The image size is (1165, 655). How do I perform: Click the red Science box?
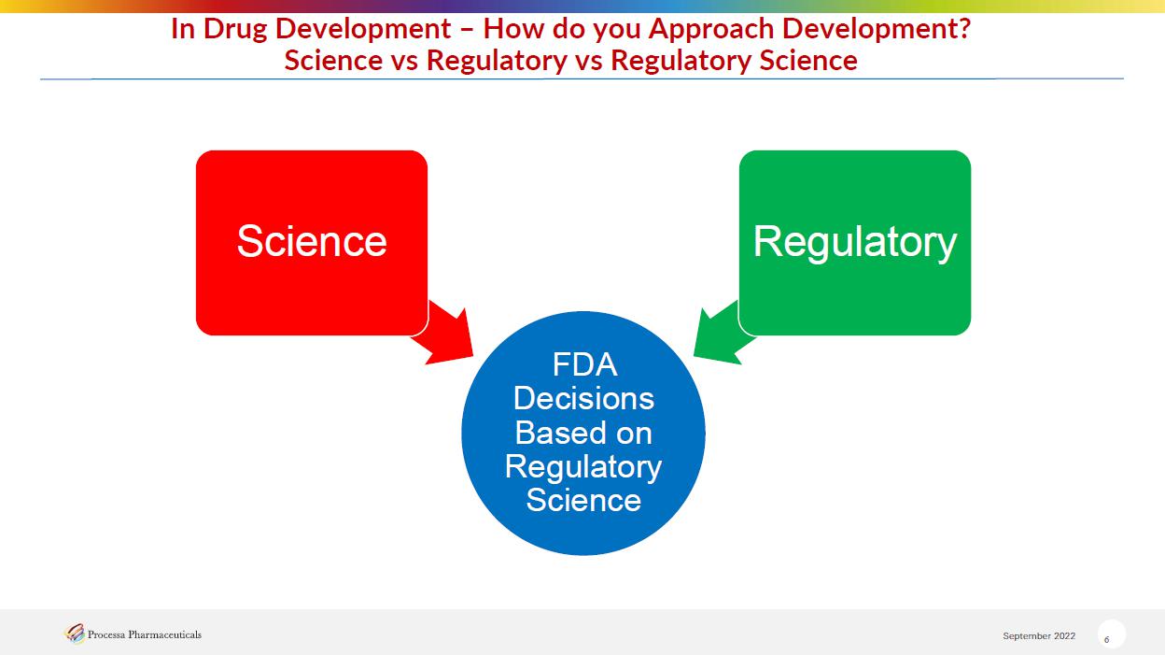pos(312,243)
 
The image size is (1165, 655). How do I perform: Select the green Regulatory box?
pos(854,243)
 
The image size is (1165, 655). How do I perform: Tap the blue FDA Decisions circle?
pos(583,434)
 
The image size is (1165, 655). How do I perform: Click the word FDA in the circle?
pos(584,364)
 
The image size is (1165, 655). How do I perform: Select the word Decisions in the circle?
pos(583,398)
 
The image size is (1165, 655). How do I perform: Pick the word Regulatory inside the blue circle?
pos(583,467)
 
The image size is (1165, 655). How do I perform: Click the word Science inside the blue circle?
pos(583,500)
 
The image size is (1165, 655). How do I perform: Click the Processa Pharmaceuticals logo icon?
pos(75,634)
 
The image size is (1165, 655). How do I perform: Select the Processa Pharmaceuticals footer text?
pos(144,634)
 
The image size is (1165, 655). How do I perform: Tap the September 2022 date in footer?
pos(1039,635)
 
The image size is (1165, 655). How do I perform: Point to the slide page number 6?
pos(1106,639)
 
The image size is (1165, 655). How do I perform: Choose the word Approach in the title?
pos(711,30)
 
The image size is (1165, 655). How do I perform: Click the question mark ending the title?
pos(964,28)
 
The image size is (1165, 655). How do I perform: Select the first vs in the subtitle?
pos(404,61)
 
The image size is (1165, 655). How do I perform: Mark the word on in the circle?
pos(634,434)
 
